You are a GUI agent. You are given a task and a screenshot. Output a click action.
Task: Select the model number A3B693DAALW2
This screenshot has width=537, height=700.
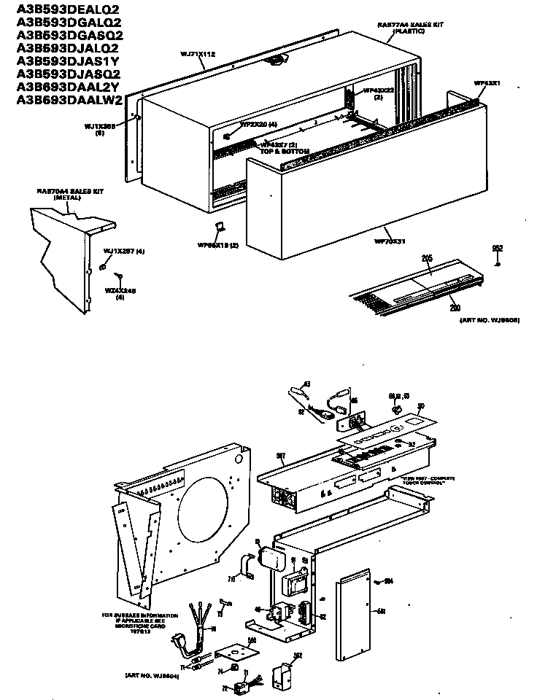coord(69,100)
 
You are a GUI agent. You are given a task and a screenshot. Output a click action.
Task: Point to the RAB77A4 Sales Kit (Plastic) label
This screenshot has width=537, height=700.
coord(399,28)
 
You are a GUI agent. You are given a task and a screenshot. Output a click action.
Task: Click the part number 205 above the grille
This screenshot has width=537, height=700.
coord(427,258)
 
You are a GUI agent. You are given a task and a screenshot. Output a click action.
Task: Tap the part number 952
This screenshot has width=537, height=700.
coord(498,249)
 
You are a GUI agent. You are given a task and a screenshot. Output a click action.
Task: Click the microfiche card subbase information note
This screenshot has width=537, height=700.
coord(138,624)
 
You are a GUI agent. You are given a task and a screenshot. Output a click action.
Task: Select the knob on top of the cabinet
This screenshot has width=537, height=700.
coord(276,64)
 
